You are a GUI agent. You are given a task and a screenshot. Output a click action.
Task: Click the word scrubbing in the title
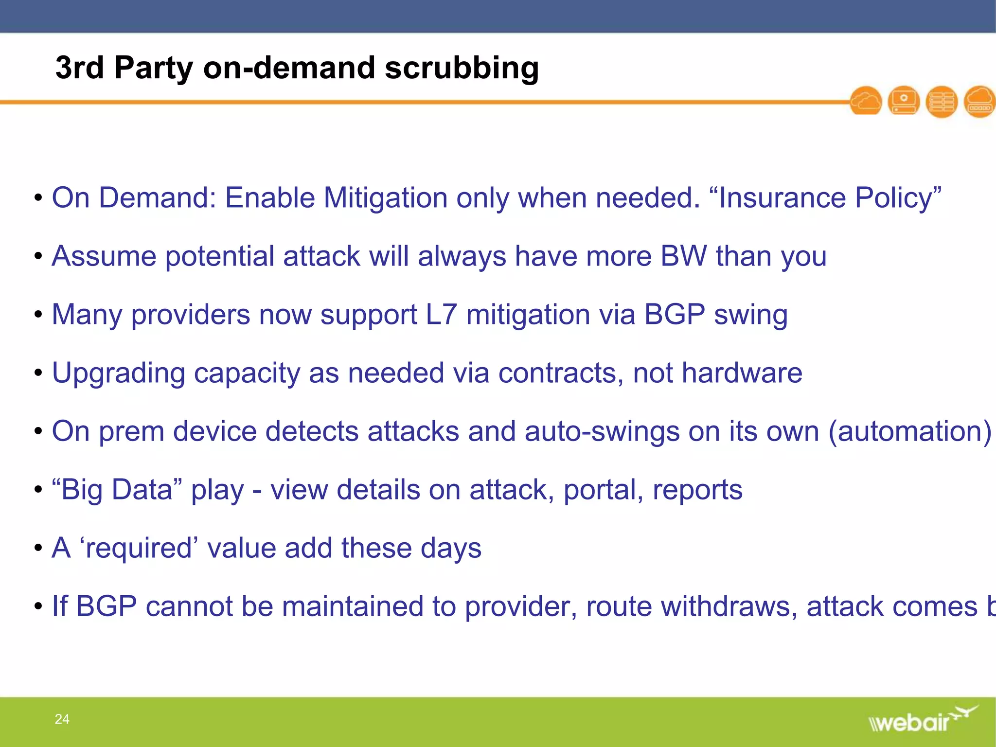[462, 68]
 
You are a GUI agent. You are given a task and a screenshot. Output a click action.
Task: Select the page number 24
[62, 719]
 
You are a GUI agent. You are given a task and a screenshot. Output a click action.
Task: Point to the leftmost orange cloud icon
[866, 101]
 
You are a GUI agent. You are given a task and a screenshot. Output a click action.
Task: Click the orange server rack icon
[942, 102]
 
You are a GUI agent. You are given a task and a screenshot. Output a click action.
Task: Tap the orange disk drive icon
[904, 101]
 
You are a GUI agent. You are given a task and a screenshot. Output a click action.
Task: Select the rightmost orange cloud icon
[980, 101]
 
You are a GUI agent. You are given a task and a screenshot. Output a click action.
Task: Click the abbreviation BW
[684, 256]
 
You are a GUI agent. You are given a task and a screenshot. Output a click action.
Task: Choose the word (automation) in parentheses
[909, 431]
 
